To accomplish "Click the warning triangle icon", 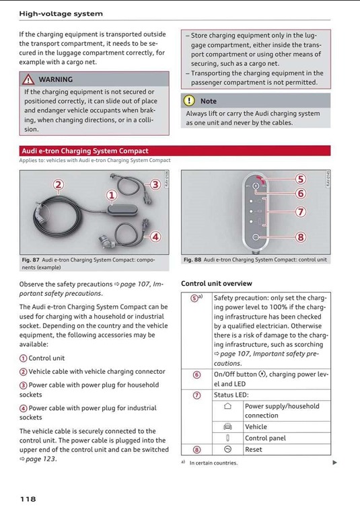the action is coord(28,79).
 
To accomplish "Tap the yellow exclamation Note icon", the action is coord(189,101).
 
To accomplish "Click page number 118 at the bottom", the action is coord(28,499).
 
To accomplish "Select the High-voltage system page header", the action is coord(61,13).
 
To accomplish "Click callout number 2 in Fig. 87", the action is coord(59,185).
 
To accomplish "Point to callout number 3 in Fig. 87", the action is coord(155,185).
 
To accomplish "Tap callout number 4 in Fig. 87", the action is coord(155,236).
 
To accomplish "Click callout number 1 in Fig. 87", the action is coord(112,195).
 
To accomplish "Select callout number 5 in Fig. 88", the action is coord(301,179).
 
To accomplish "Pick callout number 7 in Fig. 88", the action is coord(301,212).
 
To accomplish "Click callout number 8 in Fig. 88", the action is coord(301,237).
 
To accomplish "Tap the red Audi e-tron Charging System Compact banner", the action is coord(175,151).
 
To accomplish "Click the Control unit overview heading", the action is coord(217,284).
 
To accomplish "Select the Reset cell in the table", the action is coord(254,449).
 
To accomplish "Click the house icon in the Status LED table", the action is coord(228,406).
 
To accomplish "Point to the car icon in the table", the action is coord(227,426).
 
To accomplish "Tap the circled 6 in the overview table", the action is coord(196,375).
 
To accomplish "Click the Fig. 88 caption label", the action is coord(192,260).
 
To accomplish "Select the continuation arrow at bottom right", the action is coord(334,462).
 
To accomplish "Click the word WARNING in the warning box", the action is coord(56,79).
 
